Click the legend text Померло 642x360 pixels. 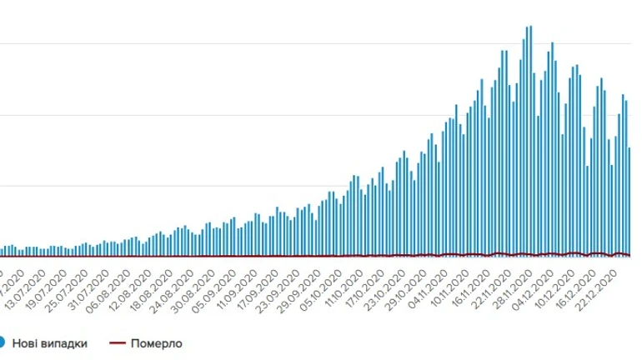156,342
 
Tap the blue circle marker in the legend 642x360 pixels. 3,342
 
